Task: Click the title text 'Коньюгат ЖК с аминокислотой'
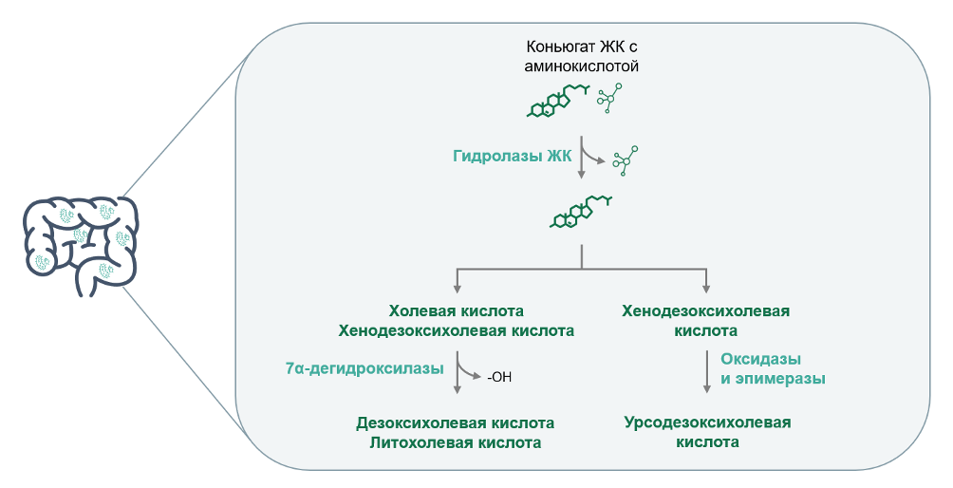[581, 56]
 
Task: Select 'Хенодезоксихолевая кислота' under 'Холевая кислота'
[457, 331]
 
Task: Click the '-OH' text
[500, 377]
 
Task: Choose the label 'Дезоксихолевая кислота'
[456, 422]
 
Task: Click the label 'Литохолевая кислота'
[456, 442]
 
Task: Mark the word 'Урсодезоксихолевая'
[707, 422]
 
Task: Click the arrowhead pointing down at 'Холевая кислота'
[458, 287]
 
